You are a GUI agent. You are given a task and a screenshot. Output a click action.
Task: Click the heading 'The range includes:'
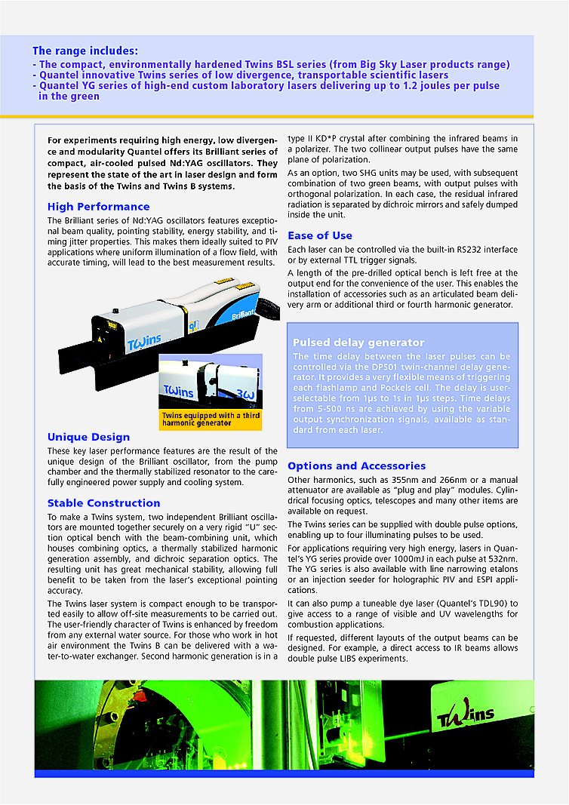pyautogui.click(x=85, y=51)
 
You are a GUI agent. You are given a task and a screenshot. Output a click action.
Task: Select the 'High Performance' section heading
pyautogui.click(x=98, y=207)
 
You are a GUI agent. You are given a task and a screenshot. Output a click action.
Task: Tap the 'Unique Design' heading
pyautogui.click(x=88, y=437)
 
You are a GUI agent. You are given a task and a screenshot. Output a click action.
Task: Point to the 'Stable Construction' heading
pyautogui.click(x=103, y=503)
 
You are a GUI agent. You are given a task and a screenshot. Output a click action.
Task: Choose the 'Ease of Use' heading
pyautogui.click(x=320, y=235)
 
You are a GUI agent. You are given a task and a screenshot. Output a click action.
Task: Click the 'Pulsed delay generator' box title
pyautogui.click(x=358, y=343)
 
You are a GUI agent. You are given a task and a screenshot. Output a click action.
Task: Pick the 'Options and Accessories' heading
pyautogui.click(x=356, y=466)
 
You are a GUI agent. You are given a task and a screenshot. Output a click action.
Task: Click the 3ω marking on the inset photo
pyautogui.click(x=245, y=393)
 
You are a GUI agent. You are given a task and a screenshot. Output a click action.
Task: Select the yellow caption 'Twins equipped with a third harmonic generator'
pyautogui.click(x=209, y=419)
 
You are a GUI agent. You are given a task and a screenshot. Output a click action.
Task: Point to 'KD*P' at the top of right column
pyautogui.click(x=332, y=139)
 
